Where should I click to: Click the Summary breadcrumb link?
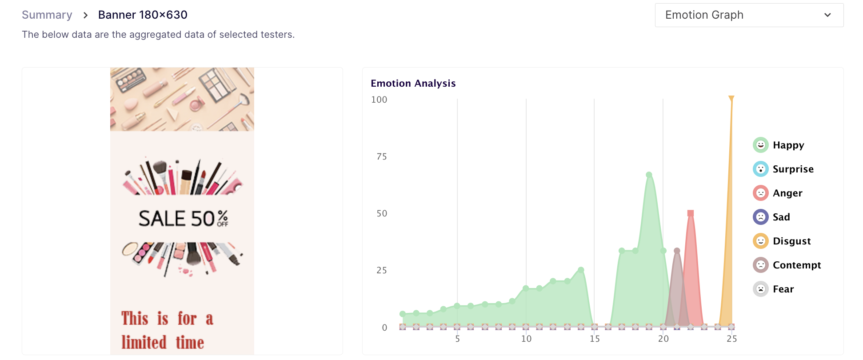click(x=47, y=15)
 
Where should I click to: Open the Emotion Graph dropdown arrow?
click(x=827, y=15)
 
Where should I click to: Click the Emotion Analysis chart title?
click(x=413, y=83)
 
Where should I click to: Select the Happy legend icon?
click(x=760, y=145)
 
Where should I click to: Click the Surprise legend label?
click(x=793, y=169)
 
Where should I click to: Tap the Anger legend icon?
click(x=760, y=193)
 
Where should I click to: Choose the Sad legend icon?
click(x=760, y=217)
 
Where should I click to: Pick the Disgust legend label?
click(x=791, y=241)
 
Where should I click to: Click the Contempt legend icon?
click(x=760, y=265)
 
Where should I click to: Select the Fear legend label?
click(x=783, y=289)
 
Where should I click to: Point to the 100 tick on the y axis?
click(x=379, y=100)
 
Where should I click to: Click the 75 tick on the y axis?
click(x=381, y=156)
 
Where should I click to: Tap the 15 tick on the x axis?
click(x=595, y=339)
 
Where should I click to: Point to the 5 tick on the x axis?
click(x=457, y=339)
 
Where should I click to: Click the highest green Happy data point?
click(x=649, y=175)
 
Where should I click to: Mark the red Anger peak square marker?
click(x=690, y=213)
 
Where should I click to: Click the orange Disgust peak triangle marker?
click(x=731, y=98)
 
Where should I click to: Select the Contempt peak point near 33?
click(x=677, y=251)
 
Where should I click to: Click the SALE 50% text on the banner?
click(x=183, y=219)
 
